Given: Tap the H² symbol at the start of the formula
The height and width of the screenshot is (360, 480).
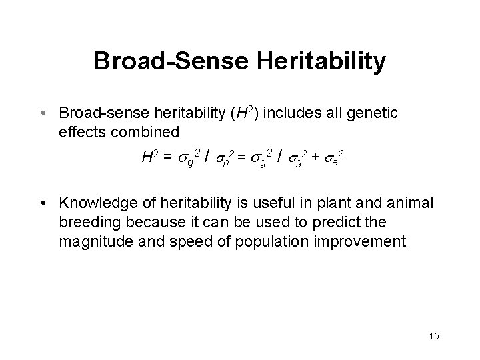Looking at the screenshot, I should [x=149, y=157].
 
